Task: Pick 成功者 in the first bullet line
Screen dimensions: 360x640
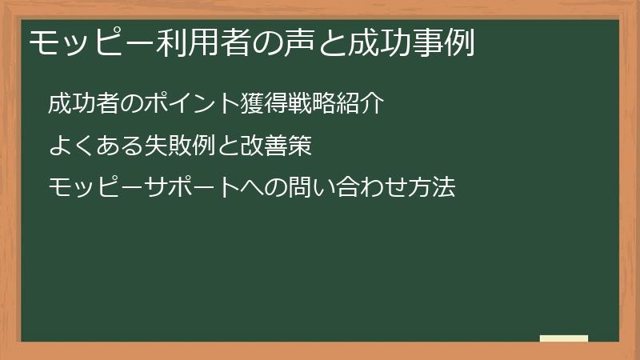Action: tap(82, 103)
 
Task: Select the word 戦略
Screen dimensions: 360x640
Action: tap(301, 103)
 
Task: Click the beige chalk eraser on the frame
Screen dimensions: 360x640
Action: tap(563, 338)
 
